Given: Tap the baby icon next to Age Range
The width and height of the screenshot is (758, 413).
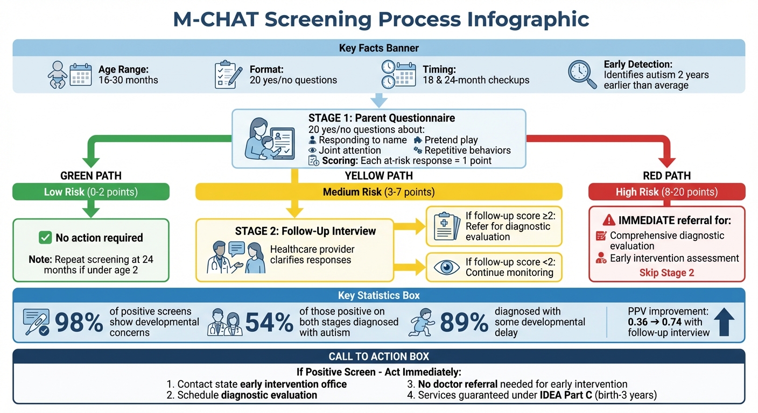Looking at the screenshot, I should click(57, 74).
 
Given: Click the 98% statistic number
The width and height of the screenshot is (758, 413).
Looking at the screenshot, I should click(79, 323).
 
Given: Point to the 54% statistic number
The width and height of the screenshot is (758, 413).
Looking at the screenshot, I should click(269, 323).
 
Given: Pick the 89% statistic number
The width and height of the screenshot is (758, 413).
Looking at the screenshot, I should click(464, 323).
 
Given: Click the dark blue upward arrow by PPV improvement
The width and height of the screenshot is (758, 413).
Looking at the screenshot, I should click(724, 323).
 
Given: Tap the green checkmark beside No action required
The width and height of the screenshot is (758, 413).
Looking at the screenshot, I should click(45, 238).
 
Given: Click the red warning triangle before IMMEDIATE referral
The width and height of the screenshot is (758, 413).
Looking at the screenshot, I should click(608, 220).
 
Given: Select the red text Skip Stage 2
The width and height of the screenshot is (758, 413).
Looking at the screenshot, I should click(666, 273).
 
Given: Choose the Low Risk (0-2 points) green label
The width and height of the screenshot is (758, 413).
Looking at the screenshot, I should click(90, 192).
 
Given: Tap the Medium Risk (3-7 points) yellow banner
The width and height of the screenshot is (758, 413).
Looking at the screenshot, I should click(378, 192).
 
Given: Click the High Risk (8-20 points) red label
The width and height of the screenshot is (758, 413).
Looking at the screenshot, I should click(666, 192).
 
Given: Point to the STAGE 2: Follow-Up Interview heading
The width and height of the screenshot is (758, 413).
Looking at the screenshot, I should click(305, 231).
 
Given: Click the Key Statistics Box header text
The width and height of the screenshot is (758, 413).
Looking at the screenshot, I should click(378, 296).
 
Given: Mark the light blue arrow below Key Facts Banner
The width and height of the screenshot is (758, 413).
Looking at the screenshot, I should click(378, 99).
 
